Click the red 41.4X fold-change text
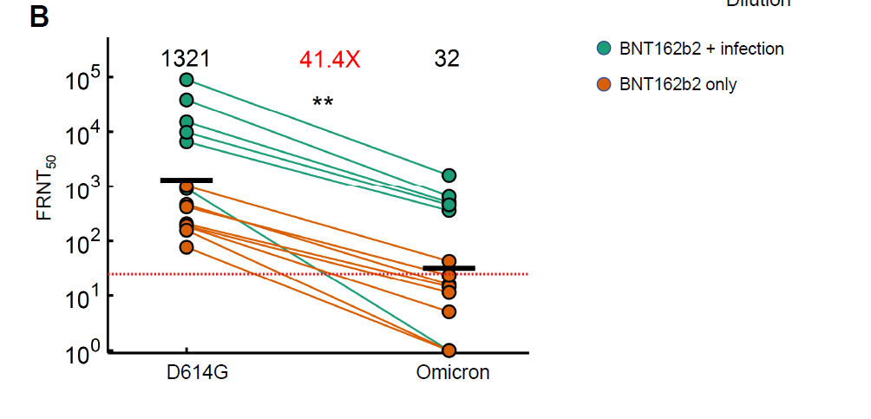click(x=330, y=59)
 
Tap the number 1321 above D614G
click(x=186, y=59)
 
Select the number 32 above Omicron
click(x=447, y=59)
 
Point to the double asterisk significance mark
click(x=323, y=102)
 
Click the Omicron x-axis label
click(x=451, y=373)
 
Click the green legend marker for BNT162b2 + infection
click(x=603, y=49)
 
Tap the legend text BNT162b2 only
click(x=678, y=84)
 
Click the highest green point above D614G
click(x=187, y=80)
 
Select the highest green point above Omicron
click(x=449, y=176)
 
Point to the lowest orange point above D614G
click(x=187, y=247)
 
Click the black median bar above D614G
click(x=187, y=180)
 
